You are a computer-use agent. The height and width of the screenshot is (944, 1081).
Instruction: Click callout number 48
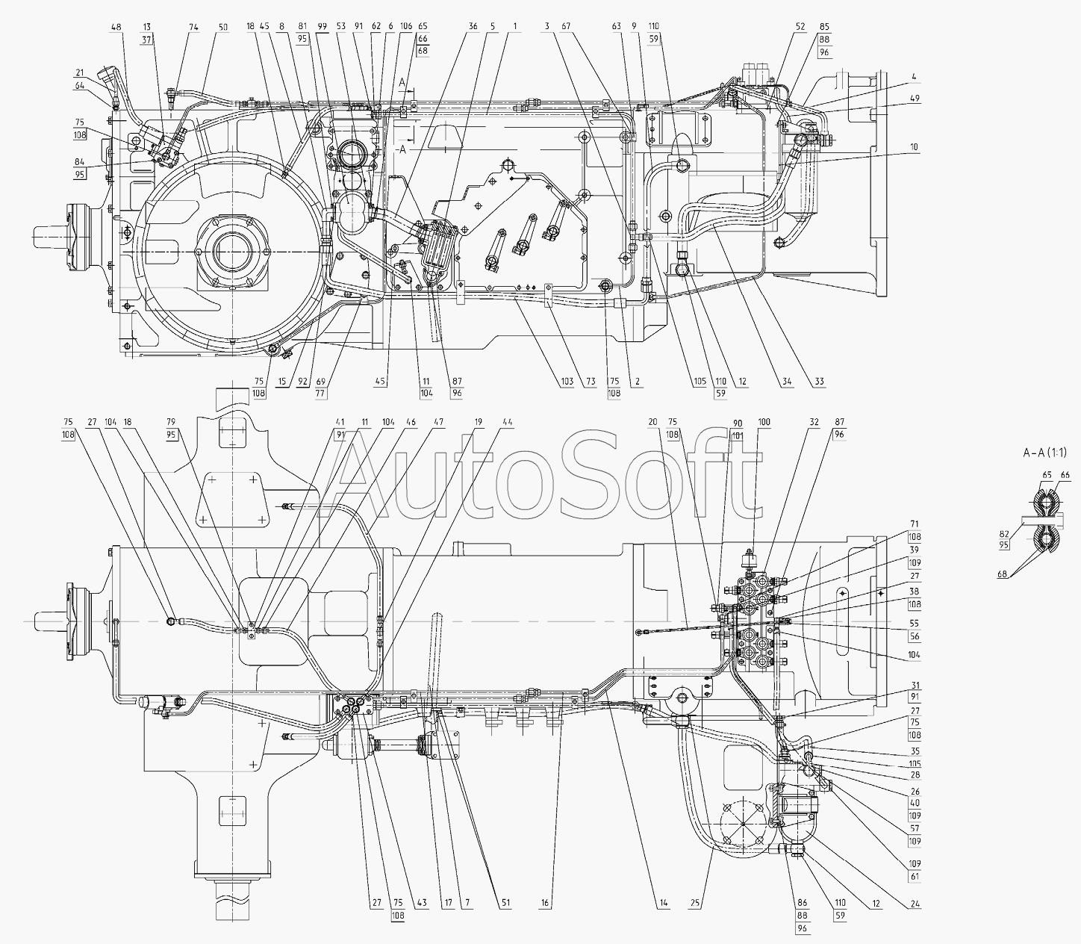pyautogui.click(x=116, y=27)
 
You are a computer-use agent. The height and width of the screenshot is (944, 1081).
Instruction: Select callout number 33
pyautogui.click(x=819, y=382)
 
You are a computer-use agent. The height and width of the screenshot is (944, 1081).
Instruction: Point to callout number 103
pyautogui.click(x=567, y=382)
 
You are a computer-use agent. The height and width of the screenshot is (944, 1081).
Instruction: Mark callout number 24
pyautogui.click(x=915, y=904)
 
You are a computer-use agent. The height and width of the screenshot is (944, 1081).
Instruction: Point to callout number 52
pyautogui.click(x=800, y=27)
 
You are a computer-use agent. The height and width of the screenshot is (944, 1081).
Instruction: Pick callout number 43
pyautogui.click(x=423, y=904)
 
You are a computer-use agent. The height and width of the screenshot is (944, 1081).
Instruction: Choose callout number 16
pyautogui.click(x=546, y=904)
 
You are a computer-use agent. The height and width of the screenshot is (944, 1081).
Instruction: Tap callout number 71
pyautogui.click(x=915, y=525)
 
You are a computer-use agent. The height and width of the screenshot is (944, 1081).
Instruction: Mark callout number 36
pyautogui.click(x=473, y=27)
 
